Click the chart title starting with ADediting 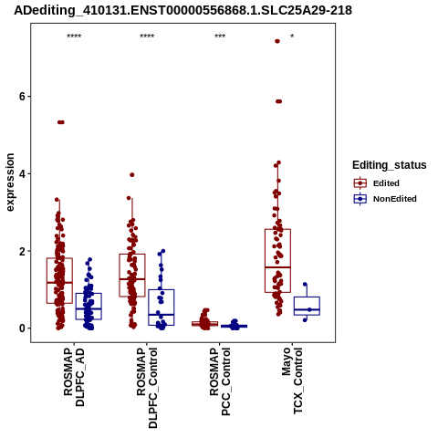pyautogui.click(x=182, y=10)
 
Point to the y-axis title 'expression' pyautogui.click(x=10, y=182)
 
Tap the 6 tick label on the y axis pyautogui.click(x=22, y=97)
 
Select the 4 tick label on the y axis pyautogui.click(x=22, y=174)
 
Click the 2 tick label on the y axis pyautogui.click(x=22, y=251)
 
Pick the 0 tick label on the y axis pyautogui.click(x=22, y=328)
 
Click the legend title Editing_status pyautogui.click(x=390, y=165)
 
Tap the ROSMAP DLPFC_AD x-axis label pyautogui.click(x=74, y=377)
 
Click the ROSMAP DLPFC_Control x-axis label pyautogui.click(x=147, y=388)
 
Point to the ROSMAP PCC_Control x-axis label pyautogui.click(x=220, y=381)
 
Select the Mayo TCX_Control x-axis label pyautogui.click(x=292, y=381)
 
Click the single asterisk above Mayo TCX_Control pyautogui.click(x=292, y=36)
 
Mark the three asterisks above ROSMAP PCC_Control pyautogui.click(x=220, y=36)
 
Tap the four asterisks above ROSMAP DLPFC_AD pyautogui.click(x=74, y=36)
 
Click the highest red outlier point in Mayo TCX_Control pyautogui.click(x=277, y=41)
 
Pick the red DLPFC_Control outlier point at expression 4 pyautogui.click(x=132, y=175)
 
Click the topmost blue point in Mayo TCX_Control pyautogui.click(x=305, y=285)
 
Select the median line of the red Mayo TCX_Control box pyautogui.click(x=277, y=267)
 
